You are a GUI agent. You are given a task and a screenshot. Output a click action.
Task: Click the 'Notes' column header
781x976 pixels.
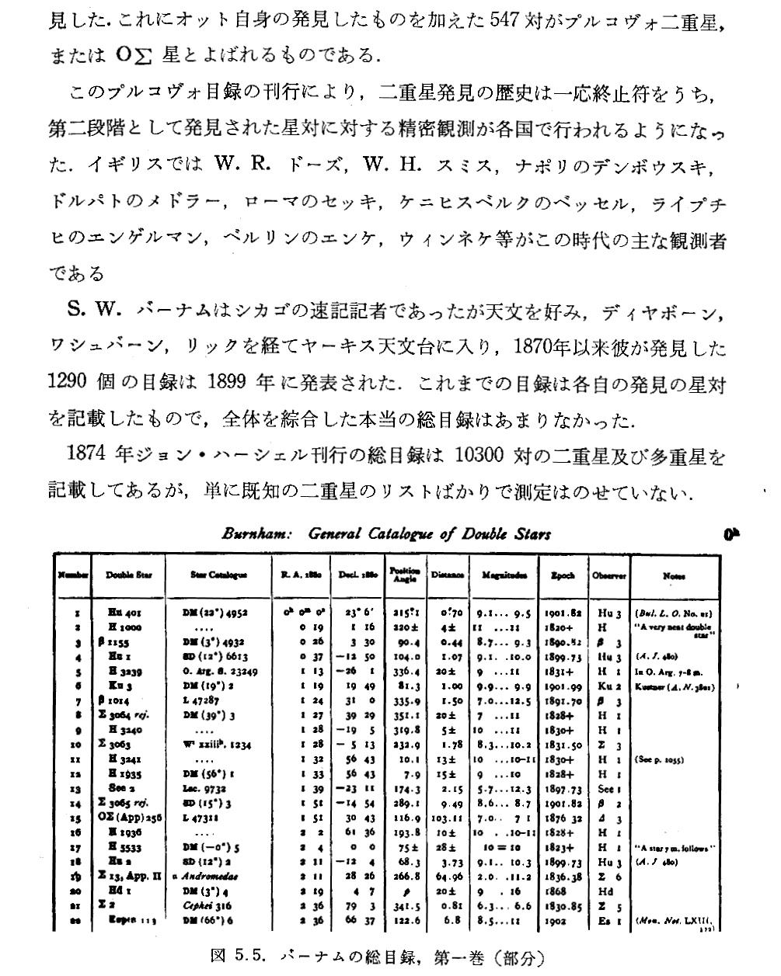pyautogui.click(x=674, y=575)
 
